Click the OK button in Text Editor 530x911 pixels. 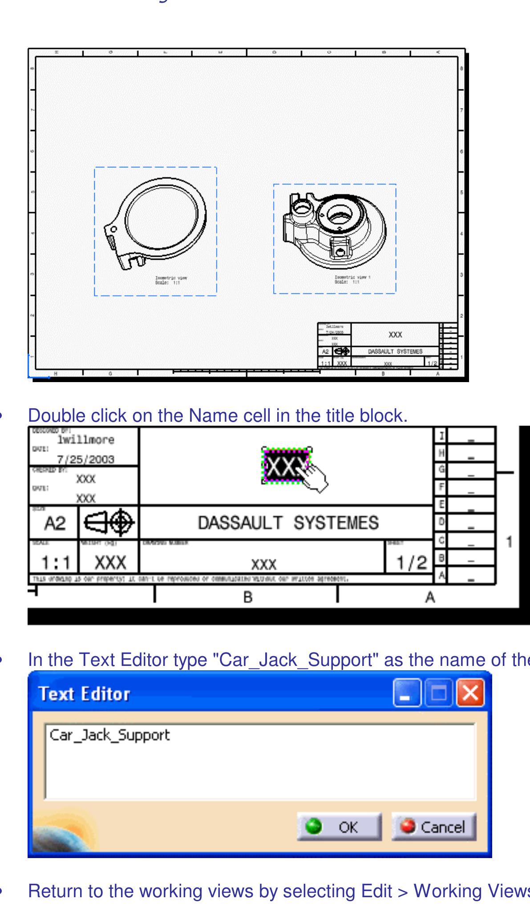(339, 827)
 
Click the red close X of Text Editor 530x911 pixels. (470, 693)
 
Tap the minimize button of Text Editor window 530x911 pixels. (406, 693)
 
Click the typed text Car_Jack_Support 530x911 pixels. (109, 735)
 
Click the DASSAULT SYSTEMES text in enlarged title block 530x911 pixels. (288, 523)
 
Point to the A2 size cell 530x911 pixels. (54, 524)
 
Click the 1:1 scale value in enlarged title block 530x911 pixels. (56, 563)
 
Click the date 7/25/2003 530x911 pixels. (85, 459)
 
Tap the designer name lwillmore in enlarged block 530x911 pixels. (85, 440)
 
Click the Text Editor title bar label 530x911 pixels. (84, 694)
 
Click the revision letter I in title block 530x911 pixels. (441, 435)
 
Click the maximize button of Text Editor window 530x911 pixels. (438, 693)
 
